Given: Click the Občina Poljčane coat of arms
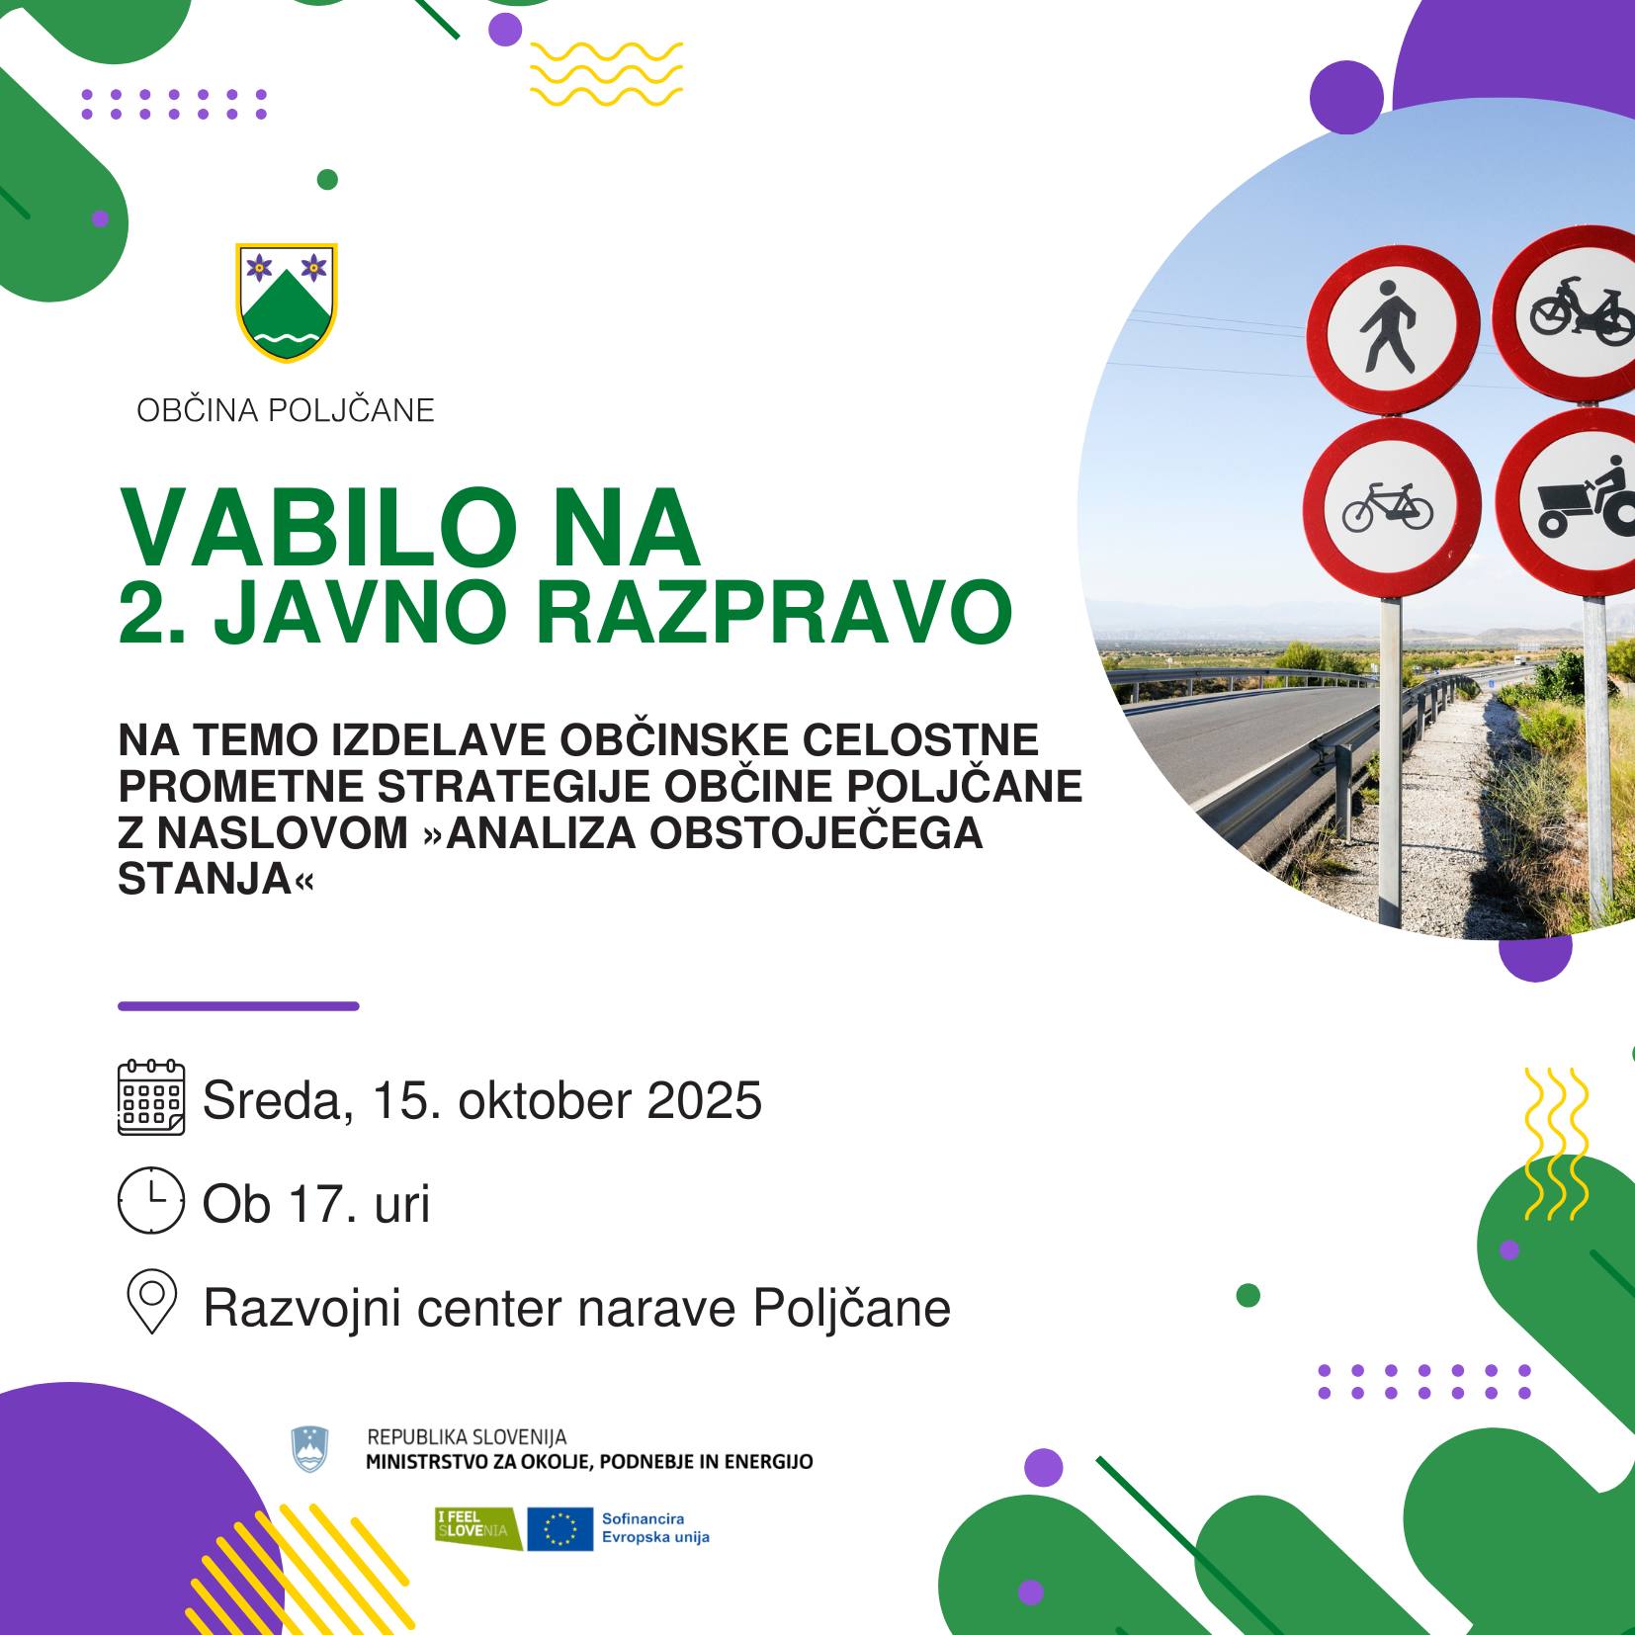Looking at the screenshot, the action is (287, 302).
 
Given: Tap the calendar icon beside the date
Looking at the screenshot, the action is (151, 1097).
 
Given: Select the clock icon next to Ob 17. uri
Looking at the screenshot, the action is (151, 1200).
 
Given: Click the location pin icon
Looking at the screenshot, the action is (152, 1301).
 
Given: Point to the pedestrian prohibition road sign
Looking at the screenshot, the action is (1392, 328).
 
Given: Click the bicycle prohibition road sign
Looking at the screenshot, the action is (1391, 508).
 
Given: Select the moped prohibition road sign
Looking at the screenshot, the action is (1572, 313).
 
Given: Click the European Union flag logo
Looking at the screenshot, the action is (559, 1529).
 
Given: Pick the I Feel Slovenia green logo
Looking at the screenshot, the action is (478, 1528).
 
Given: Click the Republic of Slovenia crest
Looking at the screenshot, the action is (309, 1449).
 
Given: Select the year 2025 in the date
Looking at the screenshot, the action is (705, 1100).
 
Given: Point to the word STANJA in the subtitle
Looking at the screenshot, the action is (205, 879).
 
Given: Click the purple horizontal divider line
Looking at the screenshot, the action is (238, 1006).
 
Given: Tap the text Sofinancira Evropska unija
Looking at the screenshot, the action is (655, 1528).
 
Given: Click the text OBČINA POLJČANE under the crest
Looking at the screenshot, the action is (286, 410).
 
